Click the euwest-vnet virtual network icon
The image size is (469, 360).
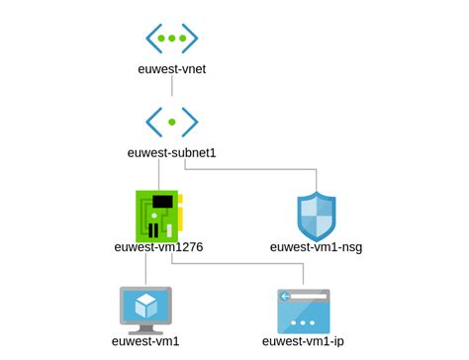point(172,39)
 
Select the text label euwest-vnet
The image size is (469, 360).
point(172,70)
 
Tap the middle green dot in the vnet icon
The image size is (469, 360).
point(172,39)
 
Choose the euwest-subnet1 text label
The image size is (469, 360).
point(172,152)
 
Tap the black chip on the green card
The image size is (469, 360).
point(164,202)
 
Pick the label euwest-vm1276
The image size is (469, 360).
point(158,246)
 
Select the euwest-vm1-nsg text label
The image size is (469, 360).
point(317,246)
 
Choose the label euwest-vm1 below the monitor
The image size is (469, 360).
point(145,342)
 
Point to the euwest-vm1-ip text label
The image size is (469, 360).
point(304,342)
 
